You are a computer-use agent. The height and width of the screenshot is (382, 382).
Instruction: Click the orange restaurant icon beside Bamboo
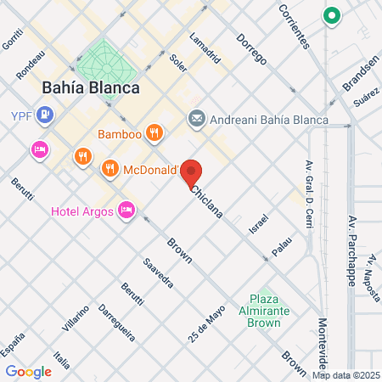click(x=154, y=132)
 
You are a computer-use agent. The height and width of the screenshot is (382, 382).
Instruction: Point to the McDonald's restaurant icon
click(x=110, y=168)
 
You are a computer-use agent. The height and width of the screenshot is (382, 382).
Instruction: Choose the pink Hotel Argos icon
click(x=126, y=209)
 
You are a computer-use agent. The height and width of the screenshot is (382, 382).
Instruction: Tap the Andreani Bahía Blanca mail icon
click(x=197, y=119)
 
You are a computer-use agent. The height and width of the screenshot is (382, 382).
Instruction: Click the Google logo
click(x=28, y=371)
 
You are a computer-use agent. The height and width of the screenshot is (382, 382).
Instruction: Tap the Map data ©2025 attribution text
click(x=345, y=375)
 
